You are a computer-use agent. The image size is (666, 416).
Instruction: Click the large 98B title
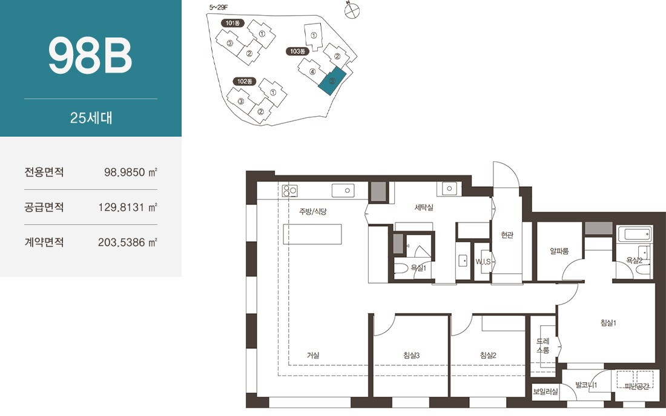point(90,56)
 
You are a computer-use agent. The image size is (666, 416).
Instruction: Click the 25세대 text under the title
point(91,117)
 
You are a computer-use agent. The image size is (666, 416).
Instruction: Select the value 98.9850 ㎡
point(131,172)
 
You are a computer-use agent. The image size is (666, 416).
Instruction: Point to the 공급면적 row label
point(44,207)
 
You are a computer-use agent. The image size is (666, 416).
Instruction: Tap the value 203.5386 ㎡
point(128,242)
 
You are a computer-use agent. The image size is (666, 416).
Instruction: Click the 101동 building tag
point(232,23)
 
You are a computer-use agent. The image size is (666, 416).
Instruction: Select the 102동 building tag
point(245,81)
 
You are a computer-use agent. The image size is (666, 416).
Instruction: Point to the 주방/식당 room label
point(312,211)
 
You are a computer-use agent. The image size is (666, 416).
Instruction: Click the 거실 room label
point(313,356)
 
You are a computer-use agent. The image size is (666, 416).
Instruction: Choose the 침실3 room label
point(411,356)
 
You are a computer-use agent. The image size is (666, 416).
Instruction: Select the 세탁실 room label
point(424,207)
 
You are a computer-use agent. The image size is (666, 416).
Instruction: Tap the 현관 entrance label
point(507,235)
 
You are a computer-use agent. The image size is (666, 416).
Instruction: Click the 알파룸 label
point(559,251)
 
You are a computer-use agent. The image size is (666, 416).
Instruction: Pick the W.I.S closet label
point(483,262)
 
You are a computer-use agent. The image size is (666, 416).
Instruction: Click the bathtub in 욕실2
point(635,234)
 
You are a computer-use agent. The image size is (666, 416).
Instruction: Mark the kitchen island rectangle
point(312,234)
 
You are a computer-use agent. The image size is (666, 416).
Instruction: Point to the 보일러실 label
point(546,391)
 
